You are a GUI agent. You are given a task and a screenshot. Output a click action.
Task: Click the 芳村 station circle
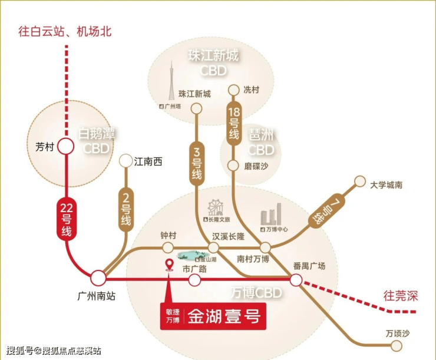(x=65, y=147)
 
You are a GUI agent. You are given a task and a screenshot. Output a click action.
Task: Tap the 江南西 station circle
(x=125, y=160)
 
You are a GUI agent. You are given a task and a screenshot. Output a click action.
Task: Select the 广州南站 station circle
(x=98, y=277)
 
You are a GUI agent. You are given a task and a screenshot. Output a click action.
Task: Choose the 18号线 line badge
(x=234, y=123)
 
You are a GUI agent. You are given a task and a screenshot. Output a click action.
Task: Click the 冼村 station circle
(x=234, y=90)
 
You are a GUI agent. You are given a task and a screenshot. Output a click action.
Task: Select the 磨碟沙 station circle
(x=234, y=166)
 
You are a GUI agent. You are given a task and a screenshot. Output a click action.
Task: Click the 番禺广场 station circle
(x=296, y=280)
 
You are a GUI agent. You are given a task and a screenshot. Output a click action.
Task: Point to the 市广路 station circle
(x=194, y=280)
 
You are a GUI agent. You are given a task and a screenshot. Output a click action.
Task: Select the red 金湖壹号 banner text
(x=224, y=317)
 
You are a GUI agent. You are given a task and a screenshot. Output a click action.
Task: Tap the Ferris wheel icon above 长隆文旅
(x=214, y=208)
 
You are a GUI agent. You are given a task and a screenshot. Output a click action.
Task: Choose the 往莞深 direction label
(x=399, y=294)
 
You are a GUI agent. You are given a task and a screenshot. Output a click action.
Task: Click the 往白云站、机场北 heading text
(x=65, y=32)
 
